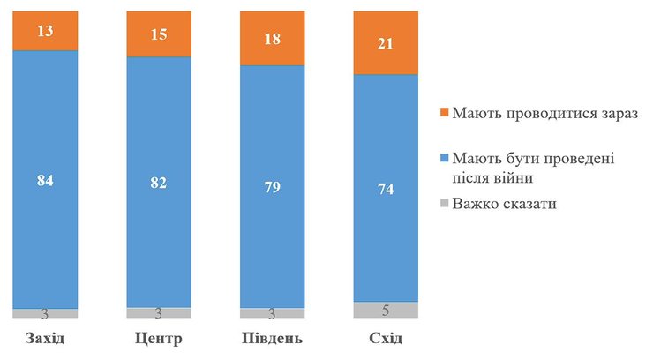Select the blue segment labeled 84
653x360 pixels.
point(45,180)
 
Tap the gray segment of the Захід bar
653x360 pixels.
point(45,313)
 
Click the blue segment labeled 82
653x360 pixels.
point(159,183)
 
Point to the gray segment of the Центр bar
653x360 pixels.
point(159,313)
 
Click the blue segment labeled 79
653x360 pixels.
point(272,187)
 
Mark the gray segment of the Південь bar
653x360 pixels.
point(272,313)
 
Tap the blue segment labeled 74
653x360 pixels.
point(385,188)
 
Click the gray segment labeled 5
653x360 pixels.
point(385,310)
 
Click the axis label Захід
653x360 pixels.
point(45,340)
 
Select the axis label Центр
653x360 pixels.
point(159,340)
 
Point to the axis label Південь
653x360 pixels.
point(272,340)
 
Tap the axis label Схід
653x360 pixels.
point(385,340)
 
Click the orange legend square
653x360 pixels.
point(444,114)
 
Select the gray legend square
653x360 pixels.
point(444,205)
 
